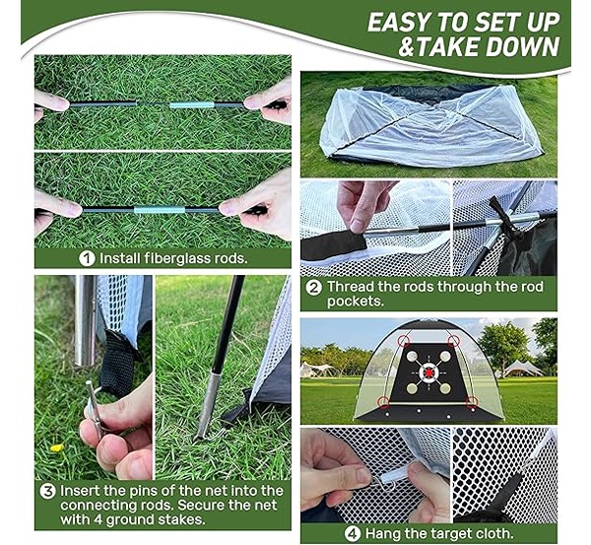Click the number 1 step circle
(x=87, y=259)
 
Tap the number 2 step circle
(x=314, y=288)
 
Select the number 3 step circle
(x=48, y=492)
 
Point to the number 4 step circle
(x=353, y=534)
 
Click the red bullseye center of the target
(x=428, y=373)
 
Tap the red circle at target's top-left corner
(x=405, y=341)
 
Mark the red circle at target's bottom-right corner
(x=472, y=402)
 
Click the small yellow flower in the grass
(x=56, y=447)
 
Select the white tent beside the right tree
(x=523, y=369)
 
